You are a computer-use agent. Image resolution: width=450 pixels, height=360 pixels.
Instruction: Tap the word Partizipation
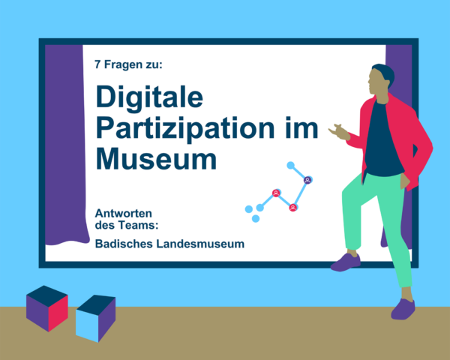coord(185,129)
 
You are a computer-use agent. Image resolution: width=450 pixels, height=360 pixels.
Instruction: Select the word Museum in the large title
coord(156,159)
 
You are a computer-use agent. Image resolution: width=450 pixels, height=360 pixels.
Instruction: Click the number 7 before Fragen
coord(97,64)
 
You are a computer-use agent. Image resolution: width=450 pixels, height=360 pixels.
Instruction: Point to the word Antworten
coord(124,213)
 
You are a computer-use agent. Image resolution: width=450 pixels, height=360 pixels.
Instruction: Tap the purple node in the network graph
coord(307,180)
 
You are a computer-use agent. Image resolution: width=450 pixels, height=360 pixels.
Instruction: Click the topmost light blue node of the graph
coord(291,165)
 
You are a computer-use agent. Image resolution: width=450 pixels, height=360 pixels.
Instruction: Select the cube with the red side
coord(47,308)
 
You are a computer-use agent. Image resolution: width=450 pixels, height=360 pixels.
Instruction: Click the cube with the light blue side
coord(95,318)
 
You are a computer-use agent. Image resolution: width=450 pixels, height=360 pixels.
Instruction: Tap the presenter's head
coord(380,79)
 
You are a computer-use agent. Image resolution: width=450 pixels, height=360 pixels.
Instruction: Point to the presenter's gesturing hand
coord(339,132)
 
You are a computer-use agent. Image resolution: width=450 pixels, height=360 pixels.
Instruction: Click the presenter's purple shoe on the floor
coord(403,309)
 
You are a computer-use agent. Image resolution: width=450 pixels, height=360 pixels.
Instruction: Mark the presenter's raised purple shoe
coord(346,262)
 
